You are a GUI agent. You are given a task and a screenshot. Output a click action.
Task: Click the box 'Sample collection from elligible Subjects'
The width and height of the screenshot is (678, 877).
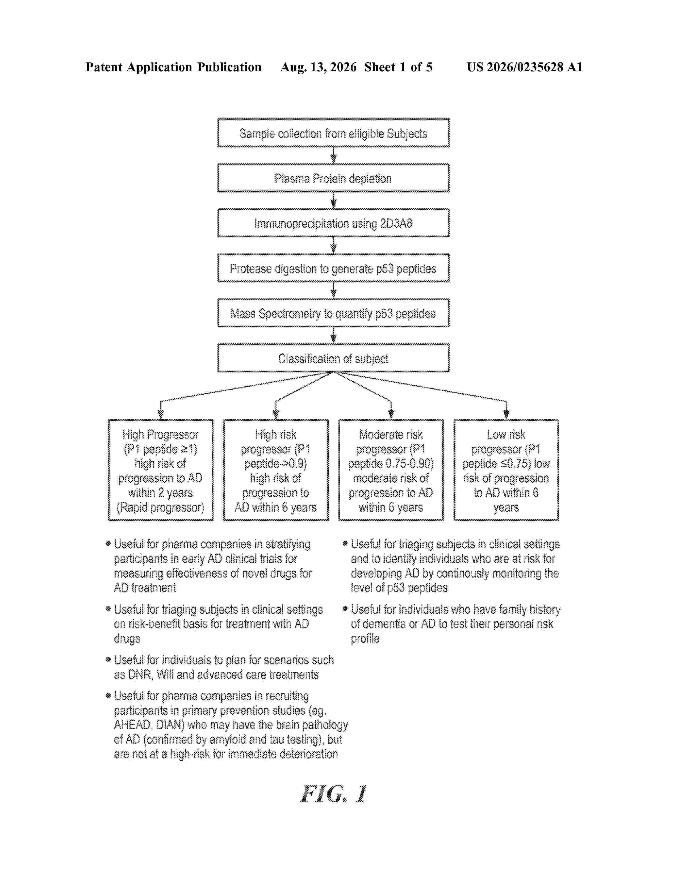point(333,133)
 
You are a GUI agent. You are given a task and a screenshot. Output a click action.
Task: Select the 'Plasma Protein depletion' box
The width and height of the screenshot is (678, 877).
point(333,178)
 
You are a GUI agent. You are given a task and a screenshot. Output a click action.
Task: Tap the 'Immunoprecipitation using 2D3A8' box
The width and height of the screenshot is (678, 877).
point(333,223)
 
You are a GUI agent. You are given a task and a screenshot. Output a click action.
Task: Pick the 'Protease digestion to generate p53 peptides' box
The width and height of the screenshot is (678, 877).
point(333,268)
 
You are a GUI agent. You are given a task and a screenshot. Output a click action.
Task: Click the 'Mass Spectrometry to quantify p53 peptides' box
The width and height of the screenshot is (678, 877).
point(333,313)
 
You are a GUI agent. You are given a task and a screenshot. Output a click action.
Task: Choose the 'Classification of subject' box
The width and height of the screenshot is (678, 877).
point(333,358)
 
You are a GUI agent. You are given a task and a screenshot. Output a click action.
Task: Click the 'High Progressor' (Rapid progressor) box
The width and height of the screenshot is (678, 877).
point(161,470)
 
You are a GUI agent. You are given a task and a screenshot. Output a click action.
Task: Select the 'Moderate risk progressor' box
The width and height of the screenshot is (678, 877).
point(391,470)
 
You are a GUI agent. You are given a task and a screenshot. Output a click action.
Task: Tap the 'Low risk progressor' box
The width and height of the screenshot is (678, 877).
point(506,470)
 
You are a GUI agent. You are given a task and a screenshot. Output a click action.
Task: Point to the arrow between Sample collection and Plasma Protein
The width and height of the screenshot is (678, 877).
point(333,155)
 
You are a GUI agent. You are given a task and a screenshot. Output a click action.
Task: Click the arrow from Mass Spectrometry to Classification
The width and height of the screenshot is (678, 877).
point(333,335)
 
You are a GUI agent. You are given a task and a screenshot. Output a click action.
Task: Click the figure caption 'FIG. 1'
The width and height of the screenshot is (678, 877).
point(333,794)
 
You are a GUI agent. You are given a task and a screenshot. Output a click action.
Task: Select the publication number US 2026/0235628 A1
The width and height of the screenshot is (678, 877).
point(525,67)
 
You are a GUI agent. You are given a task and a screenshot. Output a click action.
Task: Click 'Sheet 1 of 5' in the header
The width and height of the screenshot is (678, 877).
point(399,67)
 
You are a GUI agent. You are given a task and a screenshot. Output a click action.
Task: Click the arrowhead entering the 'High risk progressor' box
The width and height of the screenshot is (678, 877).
point(276,415)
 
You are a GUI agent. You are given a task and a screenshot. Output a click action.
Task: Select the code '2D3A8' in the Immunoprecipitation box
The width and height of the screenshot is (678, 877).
point(396,223)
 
